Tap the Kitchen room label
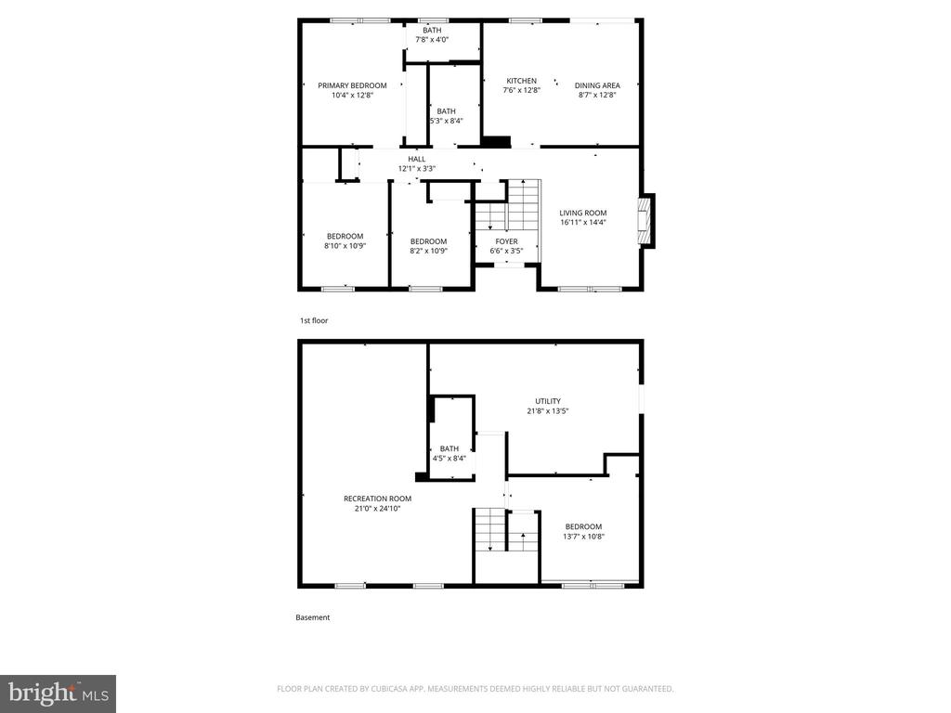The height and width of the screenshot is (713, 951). point(521,81)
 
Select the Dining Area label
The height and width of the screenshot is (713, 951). point(597,85)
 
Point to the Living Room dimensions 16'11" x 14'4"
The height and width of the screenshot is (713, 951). point(582,223)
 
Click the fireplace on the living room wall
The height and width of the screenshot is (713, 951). point(643,221)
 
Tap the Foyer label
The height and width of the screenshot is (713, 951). point(506,241)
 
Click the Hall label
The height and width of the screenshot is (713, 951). point(416,159)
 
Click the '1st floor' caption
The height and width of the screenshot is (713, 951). point(313,320)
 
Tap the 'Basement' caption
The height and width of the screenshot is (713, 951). point(312,617)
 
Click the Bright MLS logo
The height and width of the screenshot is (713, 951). point(58,694)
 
